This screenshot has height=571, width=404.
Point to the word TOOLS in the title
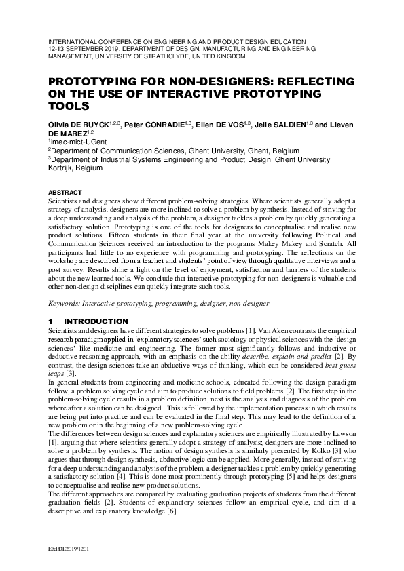click(68, 106)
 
